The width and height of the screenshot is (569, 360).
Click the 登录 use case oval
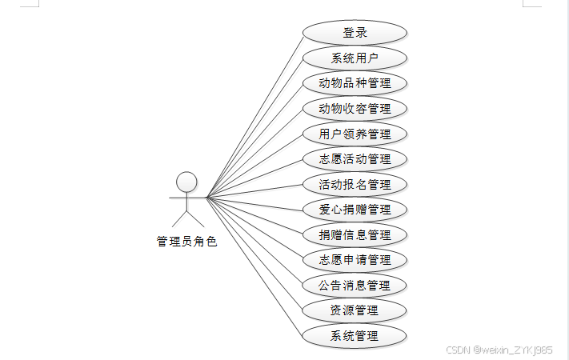click(x=355, y=33)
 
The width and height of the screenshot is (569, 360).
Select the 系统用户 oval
click(x=355, y=58)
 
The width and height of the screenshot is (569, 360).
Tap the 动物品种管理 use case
click(x=355, y=83)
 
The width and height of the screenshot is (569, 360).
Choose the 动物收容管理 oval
click(x=355, y=108)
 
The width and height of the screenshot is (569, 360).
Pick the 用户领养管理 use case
click(x=355, y=134)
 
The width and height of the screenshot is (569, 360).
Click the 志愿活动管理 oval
click(x=355, y=158)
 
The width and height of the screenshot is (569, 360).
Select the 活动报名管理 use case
click(x=355, y=184)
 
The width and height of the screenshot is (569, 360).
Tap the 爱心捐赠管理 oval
click(x=355, y=210)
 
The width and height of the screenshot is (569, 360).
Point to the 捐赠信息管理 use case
click(x=355, y=234)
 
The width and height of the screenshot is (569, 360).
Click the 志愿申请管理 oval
click(x=355, y=260)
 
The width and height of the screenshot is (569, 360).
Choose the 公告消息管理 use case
click(x=355, y=285)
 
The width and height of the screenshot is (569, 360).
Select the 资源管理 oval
click(x=355, y=310)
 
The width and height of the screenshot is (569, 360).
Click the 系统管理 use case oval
click(x=355, y=335)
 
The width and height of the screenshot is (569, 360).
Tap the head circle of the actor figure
click(x=186, y=181)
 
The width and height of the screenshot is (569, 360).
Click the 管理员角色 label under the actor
click(x=186, y=241)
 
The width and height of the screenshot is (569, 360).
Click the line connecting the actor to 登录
click(x=254, y=115)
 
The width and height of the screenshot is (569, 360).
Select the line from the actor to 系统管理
click(x=254, y=266)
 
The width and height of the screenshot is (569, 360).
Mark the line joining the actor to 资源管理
click(x=254, y=254)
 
